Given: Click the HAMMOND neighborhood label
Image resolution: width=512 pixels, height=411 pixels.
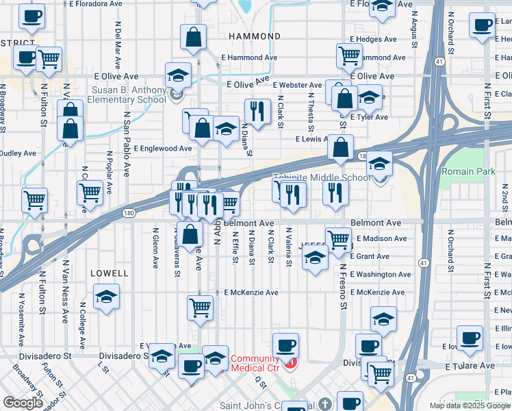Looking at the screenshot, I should [x=254, y=36].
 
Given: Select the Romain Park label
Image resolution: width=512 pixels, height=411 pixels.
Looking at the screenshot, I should [x=467, y=171].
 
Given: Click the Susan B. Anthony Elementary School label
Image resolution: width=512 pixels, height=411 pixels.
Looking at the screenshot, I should [x=129, y=95].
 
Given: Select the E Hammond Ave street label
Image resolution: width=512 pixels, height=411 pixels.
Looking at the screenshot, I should [x=248, y=58].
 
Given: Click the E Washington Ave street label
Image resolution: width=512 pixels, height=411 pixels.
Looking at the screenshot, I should [x=380, y=275].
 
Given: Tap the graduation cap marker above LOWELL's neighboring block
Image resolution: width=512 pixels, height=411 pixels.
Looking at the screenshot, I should [x=106, y=297].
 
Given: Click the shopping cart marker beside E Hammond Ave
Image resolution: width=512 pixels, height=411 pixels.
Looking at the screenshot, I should [x=350, y=55].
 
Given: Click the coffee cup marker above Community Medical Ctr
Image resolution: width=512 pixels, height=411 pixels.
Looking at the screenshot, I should [x=285, y=345].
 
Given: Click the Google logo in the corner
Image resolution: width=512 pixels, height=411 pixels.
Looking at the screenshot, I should [x=23, y=403].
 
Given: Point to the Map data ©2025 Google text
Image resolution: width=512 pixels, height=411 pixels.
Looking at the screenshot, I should [x=470, y=406].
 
